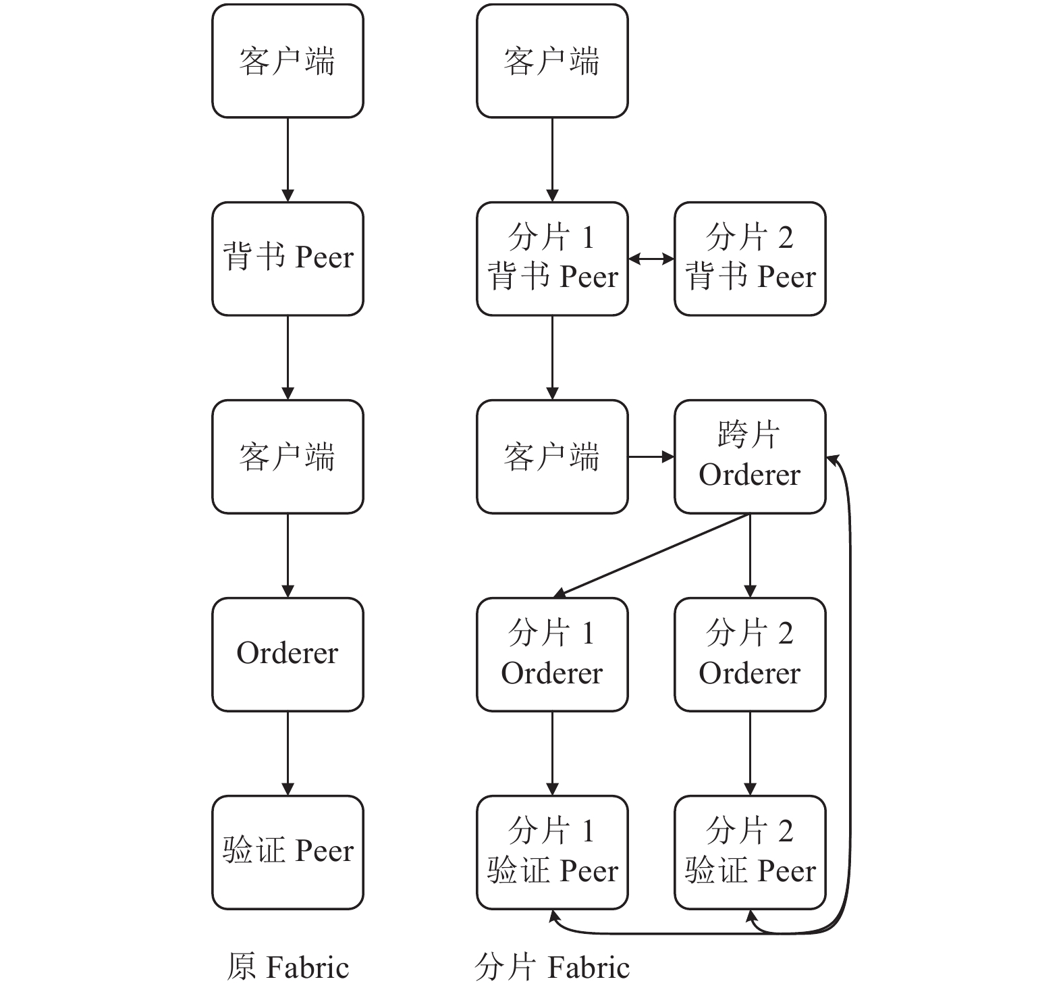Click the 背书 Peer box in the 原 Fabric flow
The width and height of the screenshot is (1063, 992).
pos(288,259)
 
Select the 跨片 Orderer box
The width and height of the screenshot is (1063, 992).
pos(750,456)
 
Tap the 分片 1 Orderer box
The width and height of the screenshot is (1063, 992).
pos(552,654)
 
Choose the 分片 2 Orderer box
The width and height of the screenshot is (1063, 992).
pos(750,654)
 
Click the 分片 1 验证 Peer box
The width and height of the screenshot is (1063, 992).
pos(552,852)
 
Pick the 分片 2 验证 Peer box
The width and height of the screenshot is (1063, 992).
pos(750,852)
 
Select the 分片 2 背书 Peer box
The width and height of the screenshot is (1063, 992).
pos(750,259)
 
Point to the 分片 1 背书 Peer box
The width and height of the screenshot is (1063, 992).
pos(552,259)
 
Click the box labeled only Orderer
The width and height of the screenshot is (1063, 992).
pos(288,654)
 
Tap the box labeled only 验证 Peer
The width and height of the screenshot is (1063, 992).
pos(288,852)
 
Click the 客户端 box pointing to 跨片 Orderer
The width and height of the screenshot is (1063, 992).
pos(552,456)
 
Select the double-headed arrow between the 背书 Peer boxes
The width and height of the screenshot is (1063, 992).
pos(651,259)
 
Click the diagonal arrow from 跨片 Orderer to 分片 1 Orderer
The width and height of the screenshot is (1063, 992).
pos(651,556)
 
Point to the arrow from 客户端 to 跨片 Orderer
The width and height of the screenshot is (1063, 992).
pos(651,457)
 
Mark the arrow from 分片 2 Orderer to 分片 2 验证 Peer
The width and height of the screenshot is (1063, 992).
pos(750,754)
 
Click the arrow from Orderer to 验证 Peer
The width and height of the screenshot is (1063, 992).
pos(288,754)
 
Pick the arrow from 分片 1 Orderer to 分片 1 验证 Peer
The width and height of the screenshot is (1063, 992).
pos(552,754)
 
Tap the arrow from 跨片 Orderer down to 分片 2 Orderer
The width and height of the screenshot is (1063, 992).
pos(750,556)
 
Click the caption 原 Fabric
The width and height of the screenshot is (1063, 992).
pos(288,967)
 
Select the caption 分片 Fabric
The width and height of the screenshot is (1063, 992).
pos(552,967)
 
